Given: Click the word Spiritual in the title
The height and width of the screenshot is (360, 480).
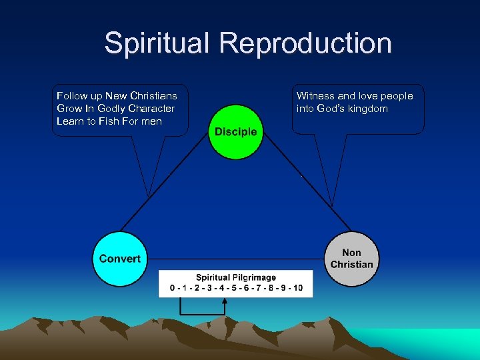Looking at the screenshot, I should coord(157,43).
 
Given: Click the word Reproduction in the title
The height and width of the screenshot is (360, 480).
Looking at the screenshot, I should coord(306,43).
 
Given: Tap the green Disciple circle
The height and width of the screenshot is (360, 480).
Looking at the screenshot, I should coord(235,131).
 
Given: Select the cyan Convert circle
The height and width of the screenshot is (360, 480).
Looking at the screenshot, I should coord(119,258).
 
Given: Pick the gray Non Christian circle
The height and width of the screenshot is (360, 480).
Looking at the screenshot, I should coord(352,259).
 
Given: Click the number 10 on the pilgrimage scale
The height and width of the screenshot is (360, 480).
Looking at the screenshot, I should coord(297,288).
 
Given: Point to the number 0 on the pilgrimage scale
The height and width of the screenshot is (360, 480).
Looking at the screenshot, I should coord(173,288).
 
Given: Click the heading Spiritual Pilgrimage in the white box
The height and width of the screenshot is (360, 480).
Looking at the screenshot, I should coord(235,277).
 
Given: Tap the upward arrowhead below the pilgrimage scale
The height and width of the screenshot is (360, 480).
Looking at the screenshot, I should coord(225,302).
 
